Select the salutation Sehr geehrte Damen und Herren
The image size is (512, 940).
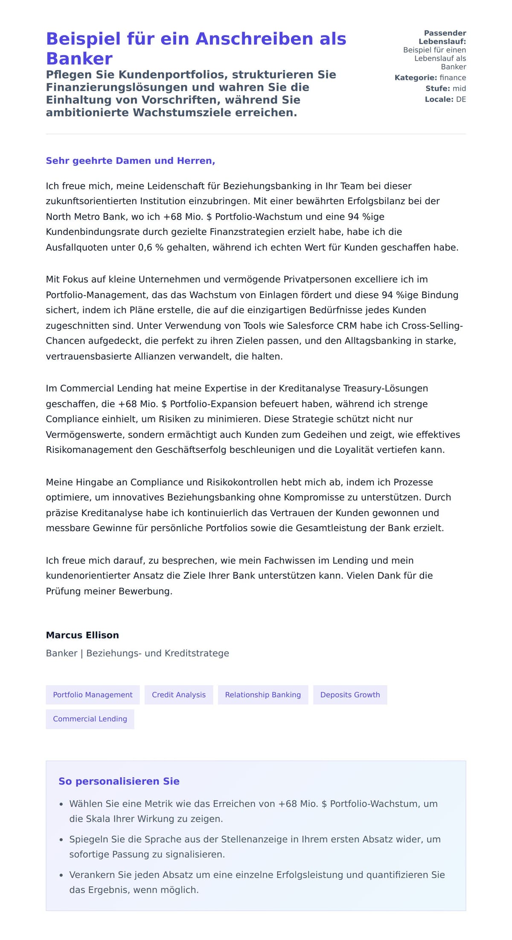[x=130, y=161]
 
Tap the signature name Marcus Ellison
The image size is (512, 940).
[x=82, y=635]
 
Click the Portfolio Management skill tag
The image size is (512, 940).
[x=93, y=695]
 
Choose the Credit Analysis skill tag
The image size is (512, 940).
[x=179, y=695]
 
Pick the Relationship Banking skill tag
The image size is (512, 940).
[x=263, y=695]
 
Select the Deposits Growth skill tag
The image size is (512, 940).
[x=350, y=695]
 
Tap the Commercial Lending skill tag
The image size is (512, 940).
[x=90, y=719]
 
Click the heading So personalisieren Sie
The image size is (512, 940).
[x=119, y=781]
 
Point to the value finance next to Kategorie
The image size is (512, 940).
[x=453, y=78]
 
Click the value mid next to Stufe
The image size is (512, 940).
[x=459, y=88]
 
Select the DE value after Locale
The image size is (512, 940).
[x=461, y=99]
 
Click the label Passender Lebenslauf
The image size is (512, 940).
[x=444, y=37]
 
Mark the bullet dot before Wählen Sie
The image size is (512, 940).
[x=61, y=804]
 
